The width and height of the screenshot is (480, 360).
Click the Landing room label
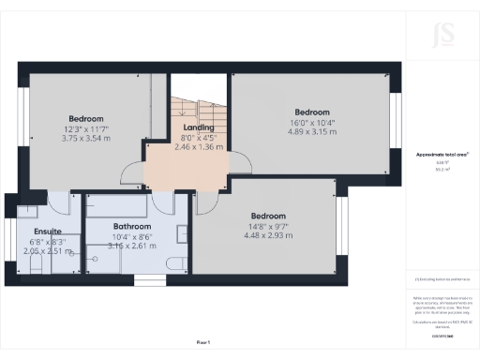point(199,127)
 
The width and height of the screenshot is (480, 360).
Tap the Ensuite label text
point(47,231)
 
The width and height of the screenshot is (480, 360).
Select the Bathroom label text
point(132,226)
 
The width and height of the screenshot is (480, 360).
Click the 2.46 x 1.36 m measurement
point(199,147)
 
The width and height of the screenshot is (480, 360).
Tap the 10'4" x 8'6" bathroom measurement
point(132,236)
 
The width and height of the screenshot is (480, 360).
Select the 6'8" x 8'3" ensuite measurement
point(47,241)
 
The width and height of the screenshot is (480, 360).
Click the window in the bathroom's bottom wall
point(148,279)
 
